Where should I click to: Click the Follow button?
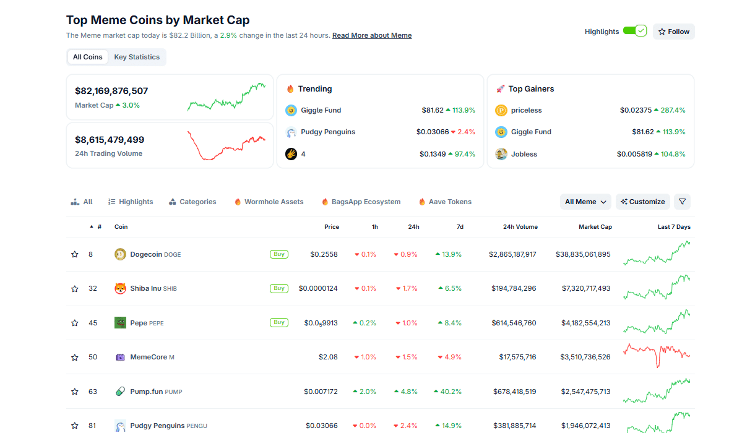click(673, 32)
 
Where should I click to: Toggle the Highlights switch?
click(634, 31)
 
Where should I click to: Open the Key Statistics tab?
click(137, 57)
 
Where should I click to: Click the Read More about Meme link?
click(372, 35)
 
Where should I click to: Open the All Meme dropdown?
click(585, 202)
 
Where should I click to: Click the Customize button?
click(643, 202)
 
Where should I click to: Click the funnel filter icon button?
click(682, 202)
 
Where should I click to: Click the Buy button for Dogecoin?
click(279, 254)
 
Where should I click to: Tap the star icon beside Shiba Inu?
click(75, 288)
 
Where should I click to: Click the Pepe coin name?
click(139, 323)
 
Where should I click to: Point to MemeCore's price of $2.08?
click(328, 357)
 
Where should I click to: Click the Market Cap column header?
click(595, 227)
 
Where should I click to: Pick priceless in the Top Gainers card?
click(526, 110)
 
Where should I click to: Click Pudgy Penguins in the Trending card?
click(327, 132)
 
